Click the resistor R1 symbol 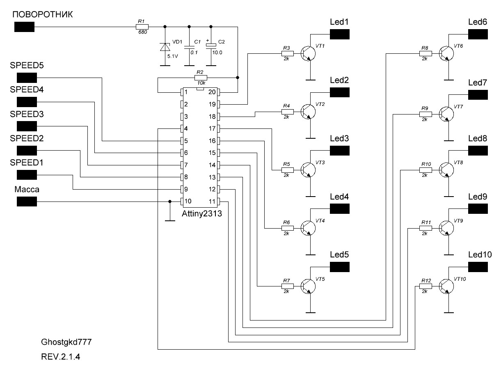tap(141, 27)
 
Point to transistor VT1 tap(307, 53)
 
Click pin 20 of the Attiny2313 tap(217, 92)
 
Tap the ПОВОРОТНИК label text tap(43, 15)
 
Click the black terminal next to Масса tap(27, 202)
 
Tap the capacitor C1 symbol tap(189, 48)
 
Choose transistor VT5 tap(307, 286)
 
